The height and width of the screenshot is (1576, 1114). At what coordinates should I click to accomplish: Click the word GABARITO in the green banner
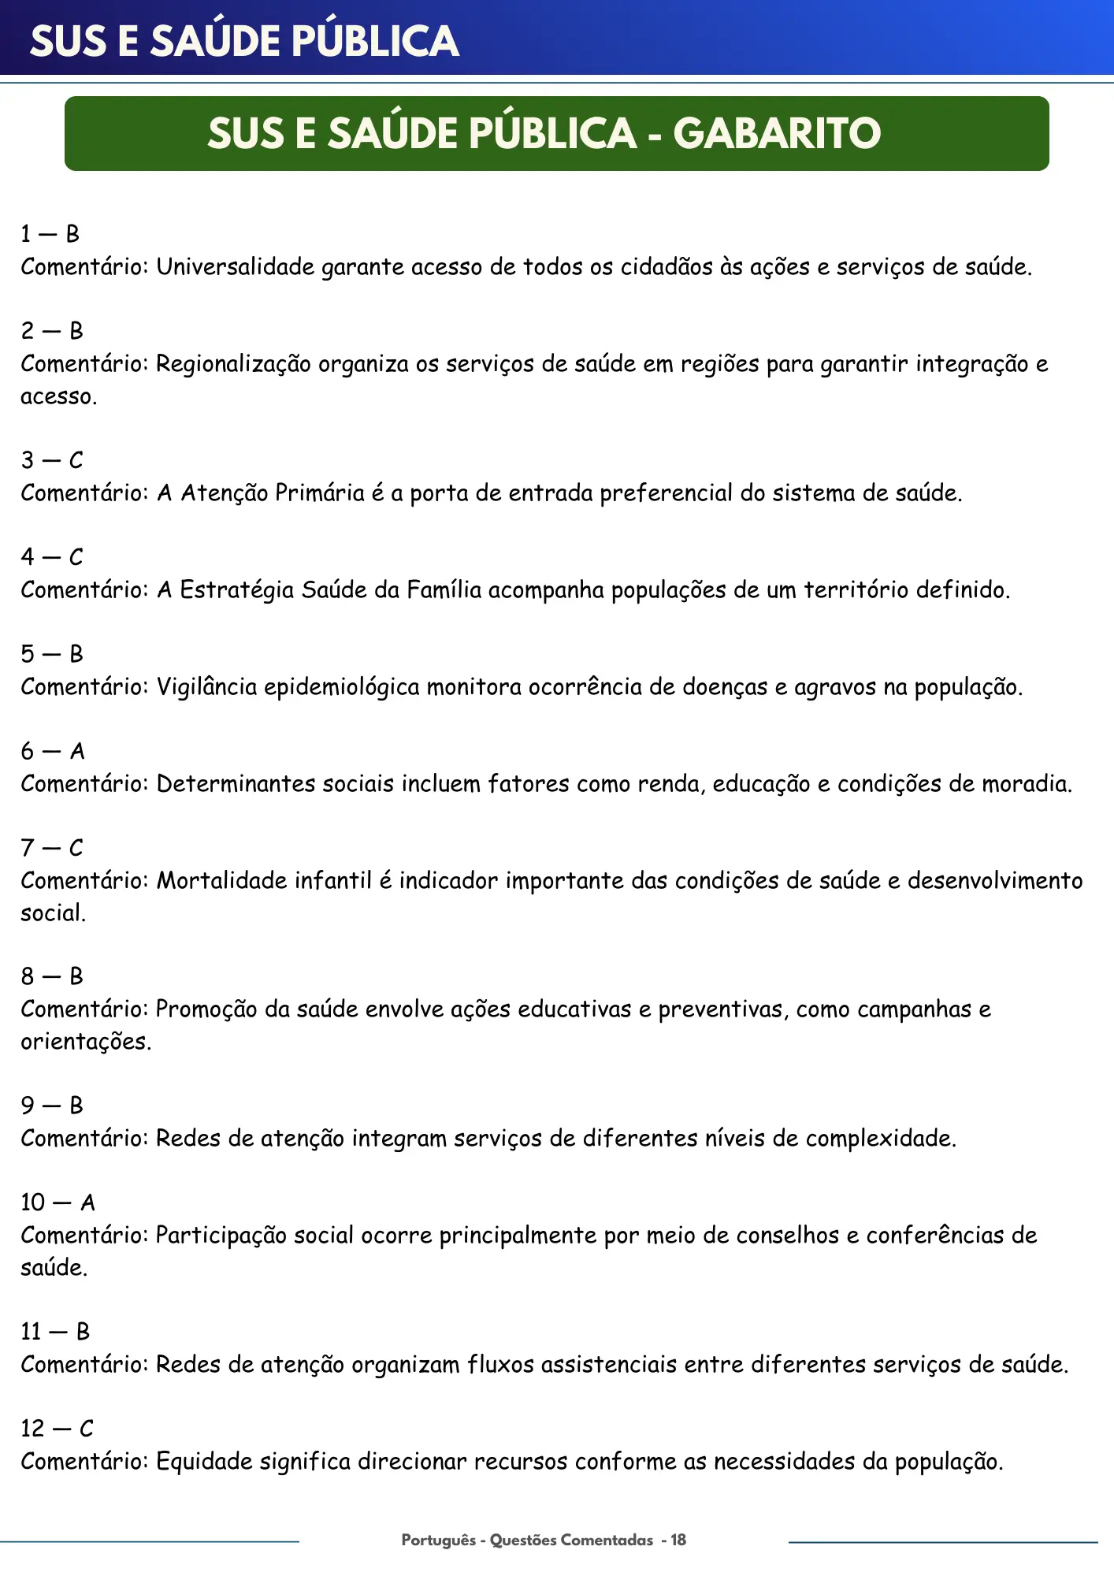[x=777, y=133]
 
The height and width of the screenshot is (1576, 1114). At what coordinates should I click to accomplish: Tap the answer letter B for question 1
[x=72, y=234]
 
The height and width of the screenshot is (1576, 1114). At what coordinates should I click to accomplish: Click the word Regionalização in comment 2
[x=233, y=364]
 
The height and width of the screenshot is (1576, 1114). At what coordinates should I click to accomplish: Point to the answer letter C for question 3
[x=76, y=460]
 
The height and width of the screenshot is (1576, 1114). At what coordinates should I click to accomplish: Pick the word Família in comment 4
[x=444, y=590]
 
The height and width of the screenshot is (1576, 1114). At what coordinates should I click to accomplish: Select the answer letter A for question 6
[x=77, y=751]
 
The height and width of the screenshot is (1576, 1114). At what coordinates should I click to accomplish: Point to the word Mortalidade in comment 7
[x=221, y=880]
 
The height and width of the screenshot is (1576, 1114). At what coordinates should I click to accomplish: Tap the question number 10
[x=33, y=1202]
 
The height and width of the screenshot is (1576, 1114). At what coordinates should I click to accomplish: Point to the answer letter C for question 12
[x=86, y=1429]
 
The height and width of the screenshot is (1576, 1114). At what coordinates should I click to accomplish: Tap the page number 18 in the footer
[x=678, y=1540]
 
